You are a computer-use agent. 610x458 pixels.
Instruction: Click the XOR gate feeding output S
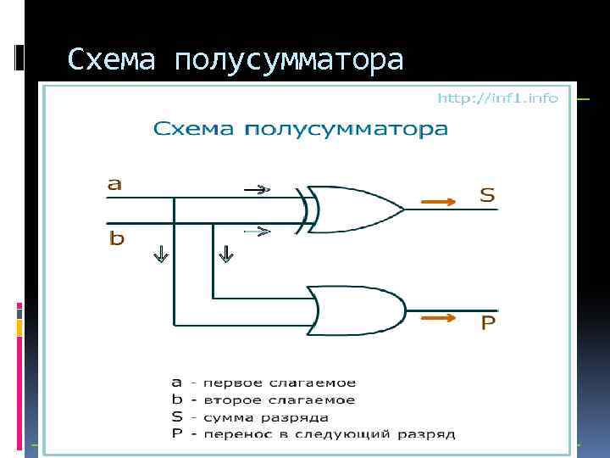coord(352,208)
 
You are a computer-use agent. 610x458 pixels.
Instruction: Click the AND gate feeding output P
coord(354,310)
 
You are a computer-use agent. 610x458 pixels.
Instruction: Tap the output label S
coord(487,195)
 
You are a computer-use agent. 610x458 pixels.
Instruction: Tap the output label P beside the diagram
coord(488,323)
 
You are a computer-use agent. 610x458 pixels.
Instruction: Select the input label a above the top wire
coord(114,182)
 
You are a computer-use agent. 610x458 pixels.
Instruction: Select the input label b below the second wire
coord(116,238)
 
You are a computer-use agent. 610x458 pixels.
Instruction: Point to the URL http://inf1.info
coord(497,98)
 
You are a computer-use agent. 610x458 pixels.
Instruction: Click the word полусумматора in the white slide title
coord(289,60)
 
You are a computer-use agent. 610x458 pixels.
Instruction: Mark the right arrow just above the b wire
coord(258,230)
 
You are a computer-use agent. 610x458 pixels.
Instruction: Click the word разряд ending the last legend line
coord(431,434)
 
